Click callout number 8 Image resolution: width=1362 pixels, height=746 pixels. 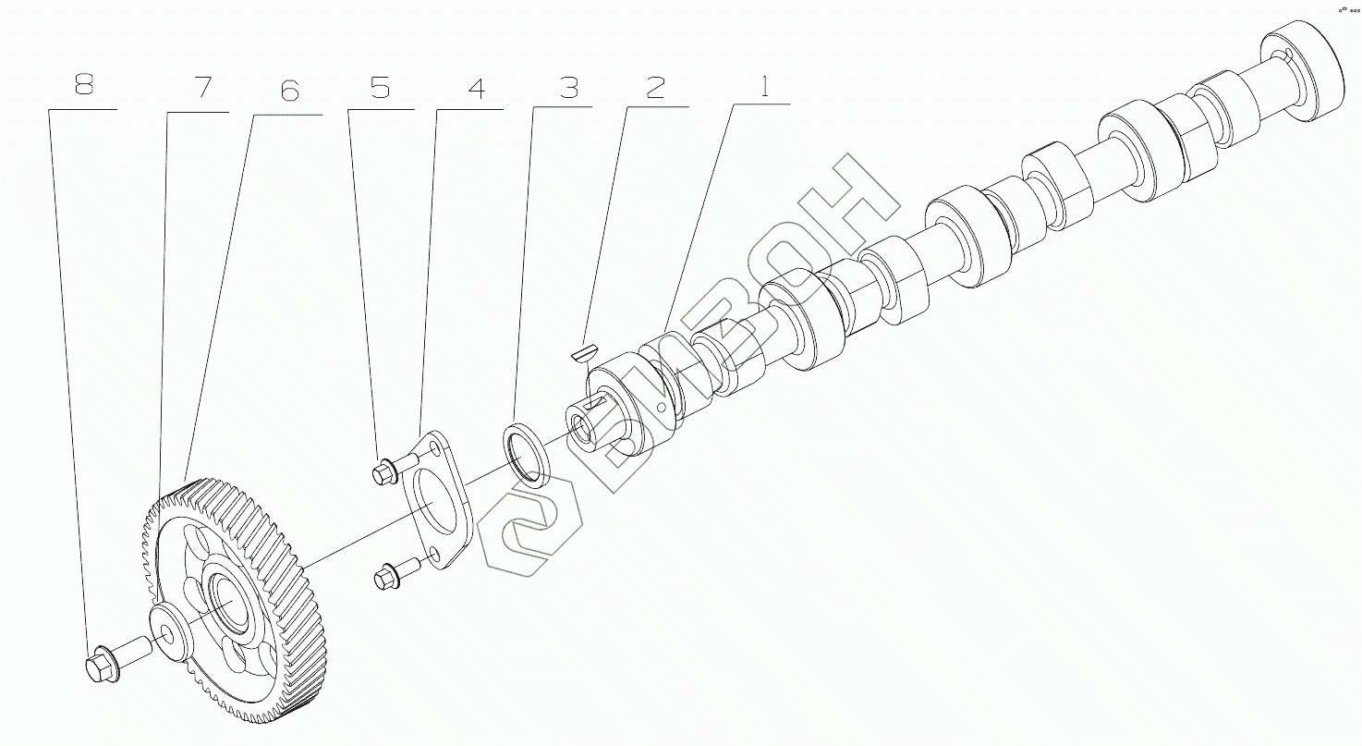click(x=84, y=84)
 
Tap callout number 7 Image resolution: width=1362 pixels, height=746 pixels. click(x=201, y=87)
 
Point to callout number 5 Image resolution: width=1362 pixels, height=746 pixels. click(x=380, y=88)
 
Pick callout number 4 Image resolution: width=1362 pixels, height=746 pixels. click(x=476, y=88)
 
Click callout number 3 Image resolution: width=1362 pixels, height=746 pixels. click(x=568, y=88)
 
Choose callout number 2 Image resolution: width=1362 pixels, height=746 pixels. click(x=655, y=87)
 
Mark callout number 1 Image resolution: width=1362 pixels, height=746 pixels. click(x=765, y=86)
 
